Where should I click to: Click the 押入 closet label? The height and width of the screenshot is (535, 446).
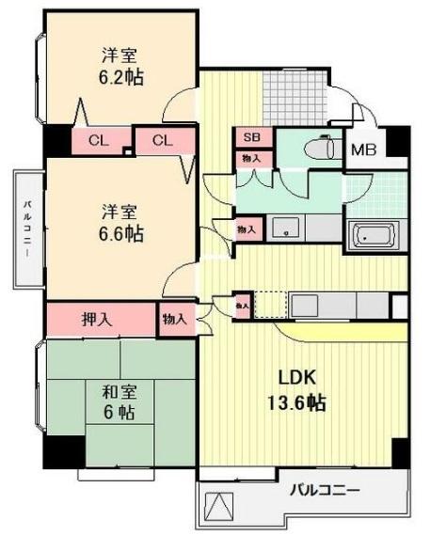click(x=97, y=319)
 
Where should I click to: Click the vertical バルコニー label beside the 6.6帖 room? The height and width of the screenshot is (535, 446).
click(x=28, y=228)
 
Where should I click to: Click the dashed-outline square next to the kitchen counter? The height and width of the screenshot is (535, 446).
click(x=269, y=305)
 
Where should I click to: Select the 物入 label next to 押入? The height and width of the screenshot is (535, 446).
click(x=175, y=319)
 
